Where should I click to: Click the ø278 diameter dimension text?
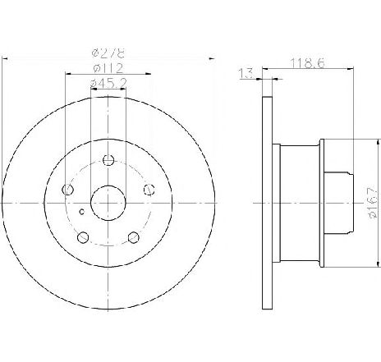(107, 52)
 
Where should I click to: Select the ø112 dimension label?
(107, 67)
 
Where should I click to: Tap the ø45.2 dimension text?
(108, 81)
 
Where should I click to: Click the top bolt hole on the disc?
(107, 160)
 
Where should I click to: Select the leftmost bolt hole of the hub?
(69, 190)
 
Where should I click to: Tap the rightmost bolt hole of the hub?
(148, 190)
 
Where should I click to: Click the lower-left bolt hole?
(82, 237)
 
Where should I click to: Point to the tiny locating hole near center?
(80, 212)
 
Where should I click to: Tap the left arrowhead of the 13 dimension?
(258, 79)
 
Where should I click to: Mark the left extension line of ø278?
(3, 123)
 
